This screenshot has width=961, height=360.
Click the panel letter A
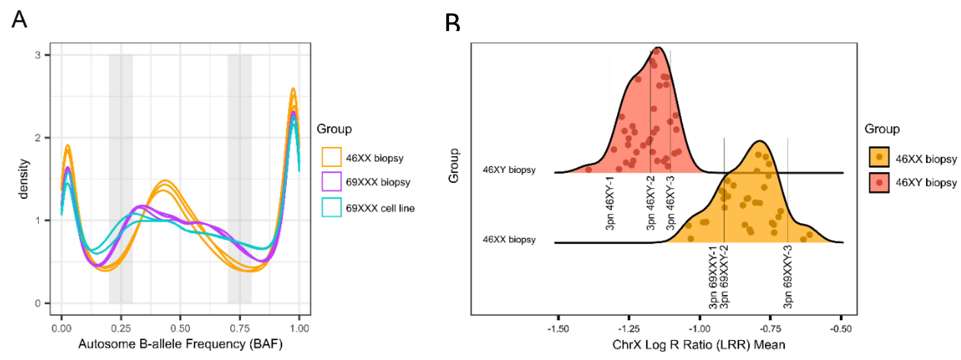19,19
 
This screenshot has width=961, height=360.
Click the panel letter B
452,23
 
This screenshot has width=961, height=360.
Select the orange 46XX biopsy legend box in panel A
331,157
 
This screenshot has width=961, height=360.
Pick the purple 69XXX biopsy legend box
331,182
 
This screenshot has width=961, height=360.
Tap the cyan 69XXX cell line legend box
331,207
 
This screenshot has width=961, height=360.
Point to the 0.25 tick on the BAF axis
121,329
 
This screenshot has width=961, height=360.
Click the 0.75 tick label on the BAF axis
240,329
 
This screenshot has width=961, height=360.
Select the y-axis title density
23,179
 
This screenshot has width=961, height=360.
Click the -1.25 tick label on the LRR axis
629,329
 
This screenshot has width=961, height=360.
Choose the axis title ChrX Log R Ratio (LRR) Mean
699,345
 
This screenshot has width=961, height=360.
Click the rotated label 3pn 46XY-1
610,203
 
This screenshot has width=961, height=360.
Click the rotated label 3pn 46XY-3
670,203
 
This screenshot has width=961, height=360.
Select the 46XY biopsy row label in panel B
509,170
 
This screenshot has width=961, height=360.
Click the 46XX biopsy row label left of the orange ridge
509,240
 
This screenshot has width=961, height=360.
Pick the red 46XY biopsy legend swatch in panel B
879,183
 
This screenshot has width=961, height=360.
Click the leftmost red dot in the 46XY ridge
588,170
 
